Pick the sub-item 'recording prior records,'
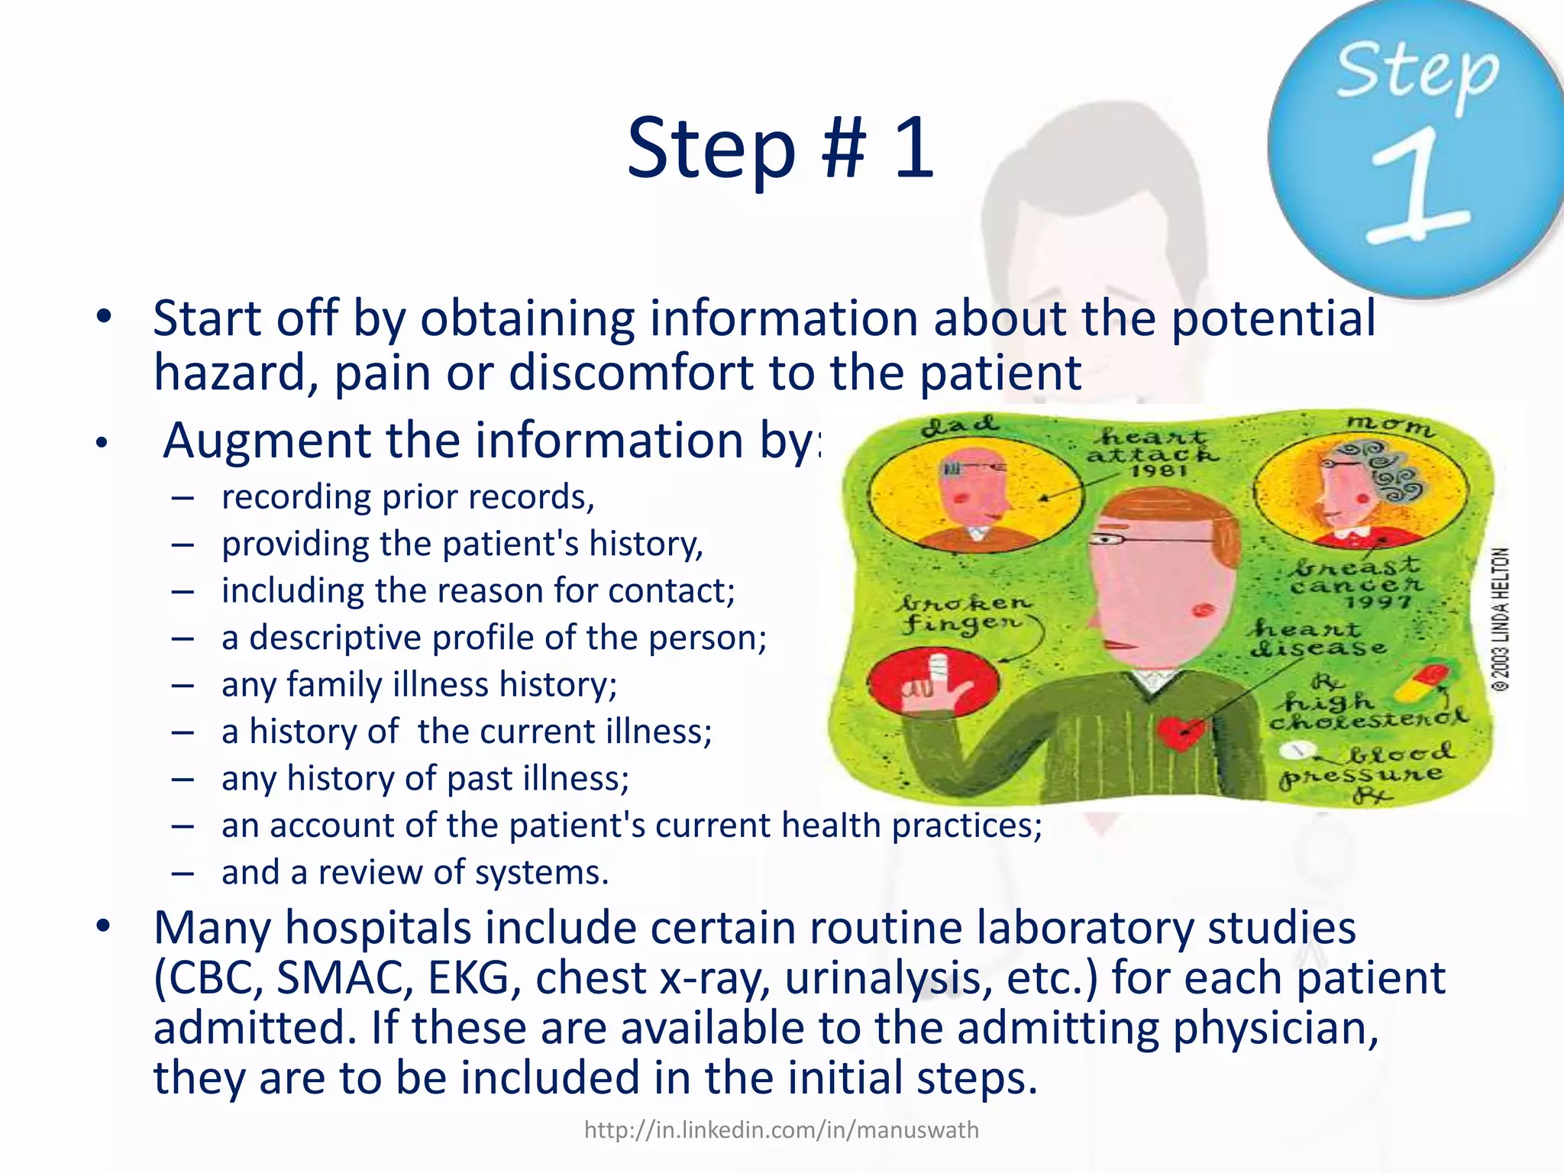coord(407,497)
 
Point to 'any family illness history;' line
coord(418,684)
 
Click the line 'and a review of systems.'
coord(415,872)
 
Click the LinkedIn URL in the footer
coord(780,1129)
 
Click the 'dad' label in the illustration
coord(958,425)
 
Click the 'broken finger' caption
coord(965,613)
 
